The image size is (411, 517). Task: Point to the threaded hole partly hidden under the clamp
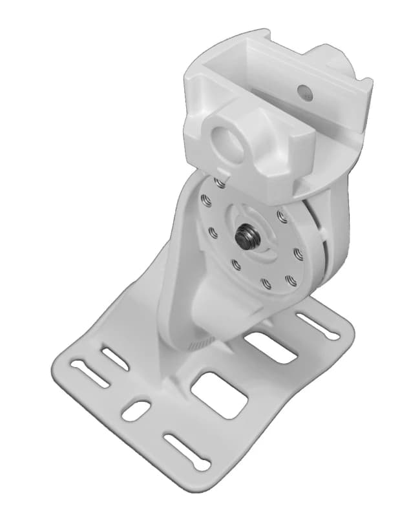click(221, 184)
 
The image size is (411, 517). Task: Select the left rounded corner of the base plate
click(59, 368)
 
